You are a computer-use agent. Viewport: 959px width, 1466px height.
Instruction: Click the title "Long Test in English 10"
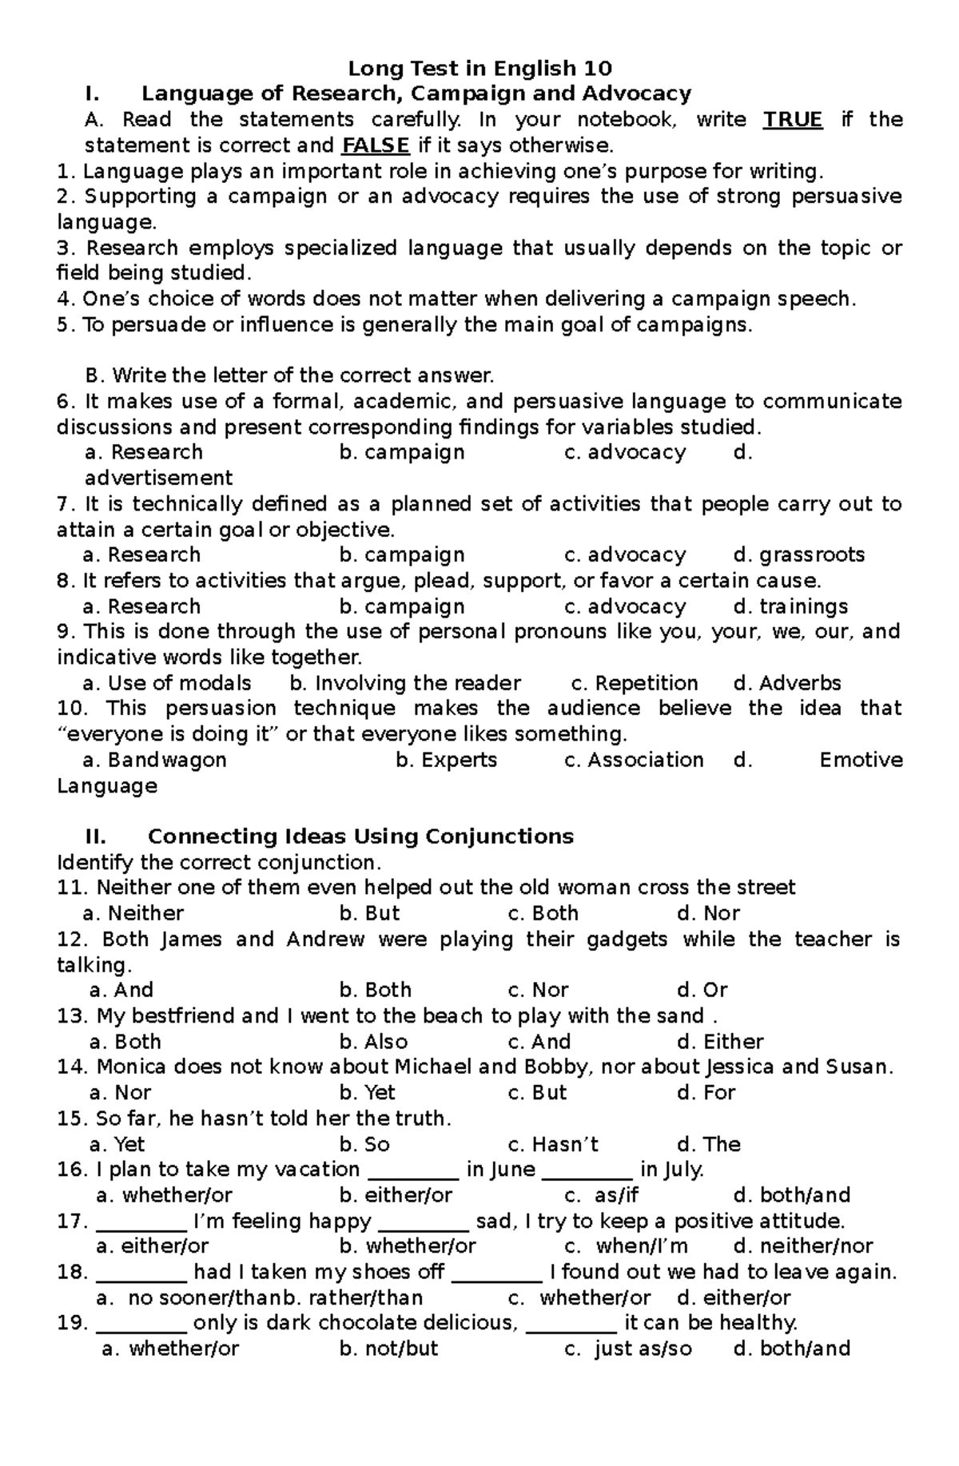[479, 68]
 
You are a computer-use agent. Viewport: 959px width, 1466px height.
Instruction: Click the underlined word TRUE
[792, 120]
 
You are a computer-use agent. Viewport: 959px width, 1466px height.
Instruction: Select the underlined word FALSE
[376, 145]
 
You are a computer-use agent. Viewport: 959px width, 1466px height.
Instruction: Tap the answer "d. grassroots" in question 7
[798, 554]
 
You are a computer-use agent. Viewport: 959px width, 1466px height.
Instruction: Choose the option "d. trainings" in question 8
[790, 606]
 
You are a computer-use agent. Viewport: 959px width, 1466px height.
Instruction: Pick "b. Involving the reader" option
[405, 683]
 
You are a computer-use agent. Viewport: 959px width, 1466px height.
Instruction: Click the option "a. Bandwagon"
[155, 760]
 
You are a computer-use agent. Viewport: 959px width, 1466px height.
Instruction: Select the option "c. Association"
[634, 760]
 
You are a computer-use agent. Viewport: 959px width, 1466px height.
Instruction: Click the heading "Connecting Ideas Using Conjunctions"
[360, 836]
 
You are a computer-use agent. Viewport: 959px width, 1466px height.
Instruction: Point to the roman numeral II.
[95, 836]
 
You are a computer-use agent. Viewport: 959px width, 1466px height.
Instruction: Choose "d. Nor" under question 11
[708, 913]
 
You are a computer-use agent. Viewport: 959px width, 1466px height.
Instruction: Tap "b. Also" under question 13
[373, 1042]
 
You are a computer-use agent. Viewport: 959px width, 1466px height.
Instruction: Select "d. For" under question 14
[706, 1093]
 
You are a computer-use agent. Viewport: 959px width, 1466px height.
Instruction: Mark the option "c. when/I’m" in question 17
[626, 1246]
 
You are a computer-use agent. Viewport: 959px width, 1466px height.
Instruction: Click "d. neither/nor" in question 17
[802, 1246]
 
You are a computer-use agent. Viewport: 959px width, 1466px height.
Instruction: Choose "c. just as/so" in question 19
[627, 1349]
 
